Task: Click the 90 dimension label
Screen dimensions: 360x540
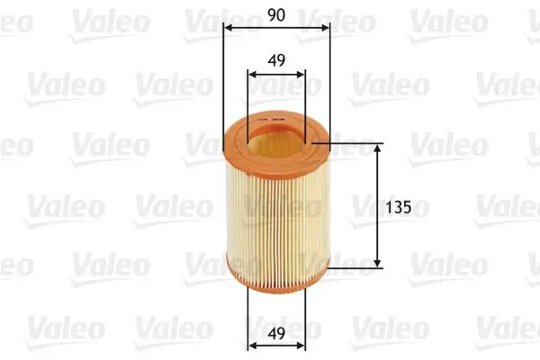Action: tap(275, 15)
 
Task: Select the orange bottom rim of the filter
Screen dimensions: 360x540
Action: tap(275, 280)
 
